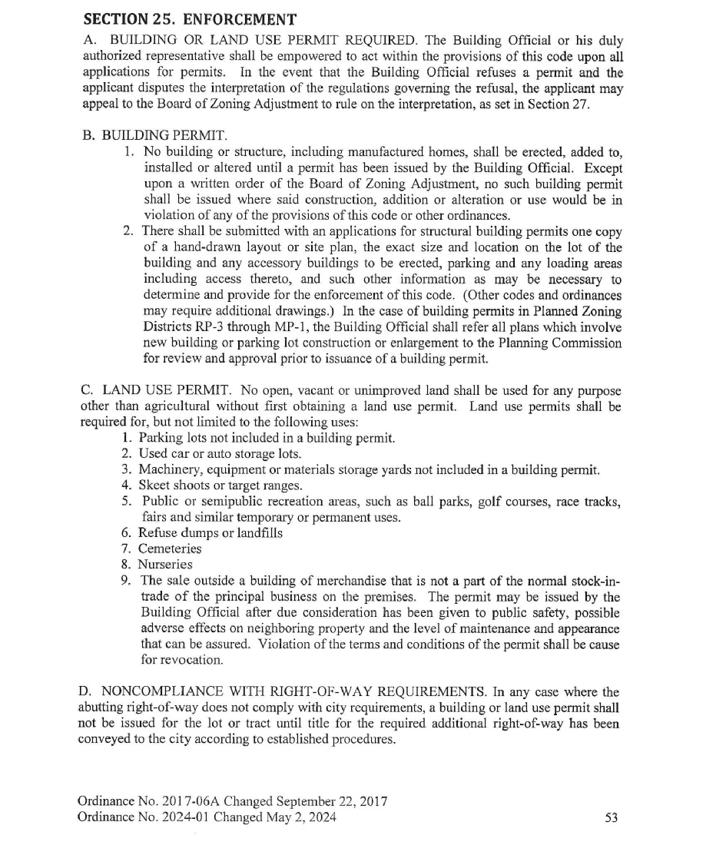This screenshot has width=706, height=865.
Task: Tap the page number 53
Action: [612, 818]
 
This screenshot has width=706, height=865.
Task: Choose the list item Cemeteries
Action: [170, 548]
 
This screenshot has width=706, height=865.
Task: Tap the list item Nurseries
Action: [165, 564]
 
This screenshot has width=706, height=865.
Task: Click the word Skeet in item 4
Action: [156, 486]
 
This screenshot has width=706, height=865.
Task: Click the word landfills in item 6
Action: [256, 533]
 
